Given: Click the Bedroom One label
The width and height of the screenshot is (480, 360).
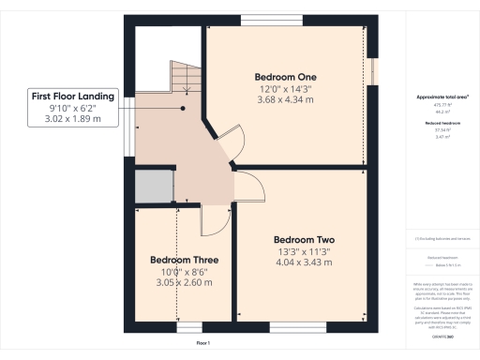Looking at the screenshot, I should [x=286, y=76].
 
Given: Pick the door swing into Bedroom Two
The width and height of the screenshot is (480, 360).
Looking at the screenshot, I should [x=247, y=188].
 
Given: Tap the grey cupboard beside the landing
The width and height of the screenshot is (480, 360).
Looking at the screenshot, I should [x=154, y=187].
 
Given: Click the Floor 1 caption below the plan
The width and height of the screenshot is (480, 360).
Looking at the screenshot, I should [x=202, y=345].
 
